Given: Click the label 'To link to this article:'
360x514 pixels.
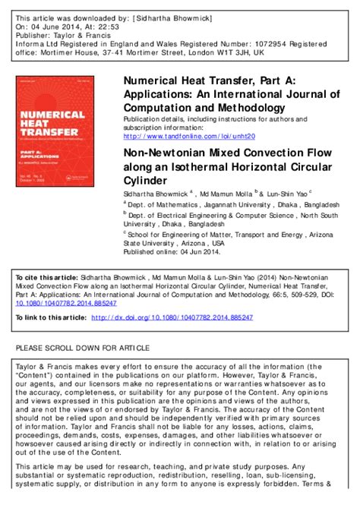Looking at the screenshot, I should coord(50,317).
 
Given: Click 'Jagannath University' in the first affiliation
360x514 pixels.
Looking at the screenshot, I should coord(242,204).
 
